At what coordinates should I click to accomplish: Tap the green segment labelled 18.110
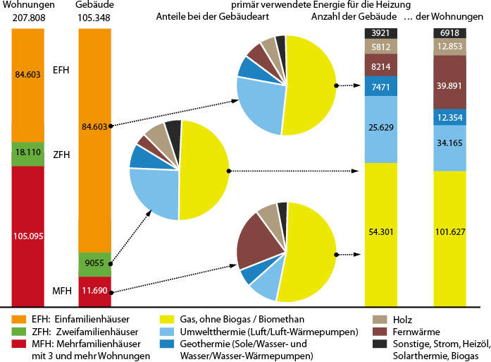[30, 153]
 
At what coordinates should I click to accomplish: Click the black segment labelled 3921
[381, 33]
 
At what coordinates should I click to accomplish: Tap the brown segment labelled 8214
[381, 65]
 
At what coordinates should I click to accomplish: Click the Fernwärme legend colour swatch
[380, 331]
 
